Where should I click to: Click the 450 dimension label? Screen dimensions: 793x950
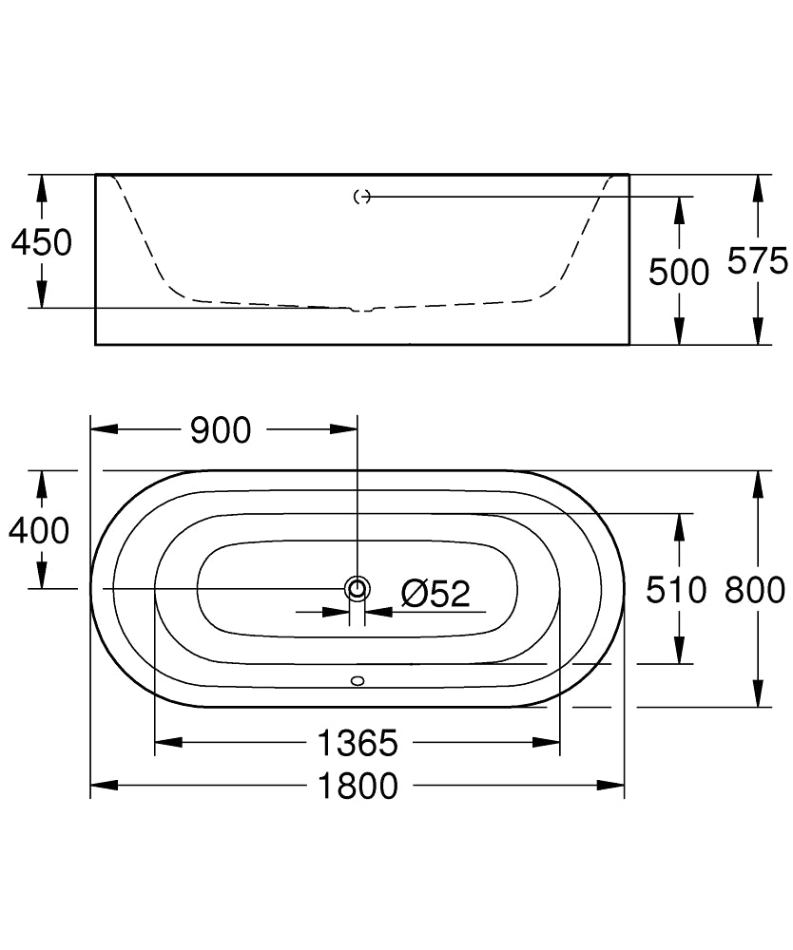coord(41,241)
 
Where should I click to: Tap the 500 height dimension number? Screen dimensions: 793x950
coord(678,272)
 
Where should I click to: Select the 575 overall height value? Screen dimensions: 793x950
coord(757,261)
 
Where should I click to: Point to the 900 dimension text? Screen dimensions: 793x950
coord(221,430)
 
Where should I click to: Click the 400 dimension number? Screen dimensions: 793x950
coord(39,530)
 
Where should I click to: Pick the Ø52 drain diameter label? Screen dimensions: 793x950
coord(435,593)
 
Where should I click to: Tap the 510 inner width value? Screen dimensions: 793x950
coord(676,590)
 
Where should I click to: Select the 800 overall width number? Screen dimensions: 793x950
coord(755,590)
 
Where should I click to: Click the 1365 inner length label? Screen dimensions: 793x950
coord(358,743)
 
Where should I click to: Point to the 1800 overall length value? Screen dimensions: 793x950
coord(358,786)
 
